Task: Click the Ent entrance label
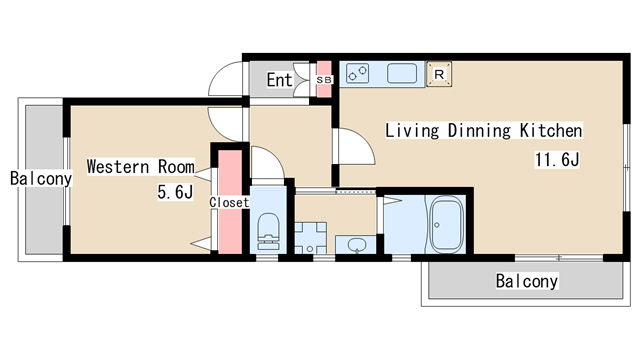[x=280, y=80]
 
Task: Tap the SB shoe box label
[x=324, y=80]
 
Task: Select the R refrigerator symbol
[x=439, y=74]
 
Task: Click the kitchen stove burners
[x=358, y=74]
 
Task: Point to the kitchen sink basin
[x=402, y=73]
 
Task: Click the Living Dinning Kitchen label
[x=484, y=131]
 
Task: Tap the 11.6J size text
[x=557, y=159]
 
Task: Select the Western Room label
[x=141, y=167]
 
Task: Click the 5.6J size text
[x=175, y=192]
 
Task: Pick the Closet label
[x=229, y=202]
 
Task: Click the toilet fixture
[x=268, y=231]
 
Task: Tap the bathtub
[x=446, y=224]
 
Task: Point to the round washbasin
[x=357, y=245]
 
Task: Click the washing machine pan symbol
[x=311, y=238]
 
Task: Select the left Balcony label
[x=41, y=178]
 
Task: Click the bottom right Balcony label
[x=527, y=281]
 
